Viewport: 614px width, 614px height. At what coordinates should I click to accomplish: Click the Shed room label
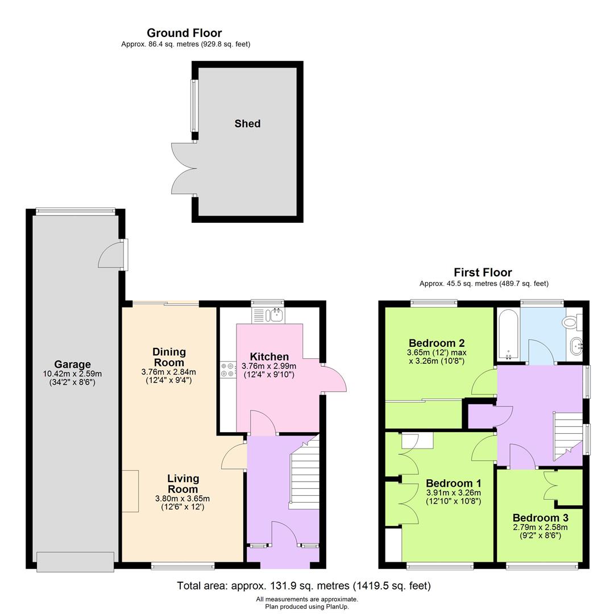247,123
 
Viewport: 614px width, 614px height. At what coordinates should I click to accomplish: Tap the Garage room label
72,364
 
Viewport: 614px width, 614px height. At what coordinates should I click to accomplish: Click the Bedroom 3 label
540,518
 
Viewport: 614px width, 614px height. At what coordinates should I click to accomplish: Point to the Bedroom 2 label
437,343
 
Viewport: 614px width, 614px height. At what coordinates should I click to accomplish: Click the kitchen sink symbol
268,315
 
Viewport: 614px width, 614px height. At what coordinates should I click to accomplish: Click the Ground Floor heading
184,33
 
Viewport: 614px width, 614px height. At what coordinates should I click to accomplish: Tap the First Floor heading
483,272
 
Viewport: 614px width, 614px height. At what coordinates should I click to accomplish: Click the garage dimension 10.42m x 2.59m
72,374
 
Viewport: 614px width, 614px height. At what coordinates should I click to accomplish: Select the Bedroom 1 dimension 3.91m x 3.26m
453,493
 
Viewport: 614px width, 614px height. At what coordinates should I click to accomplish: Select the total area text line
304,586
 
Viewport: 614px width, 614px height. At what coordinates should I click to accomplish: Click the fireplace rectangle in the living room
130,491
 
